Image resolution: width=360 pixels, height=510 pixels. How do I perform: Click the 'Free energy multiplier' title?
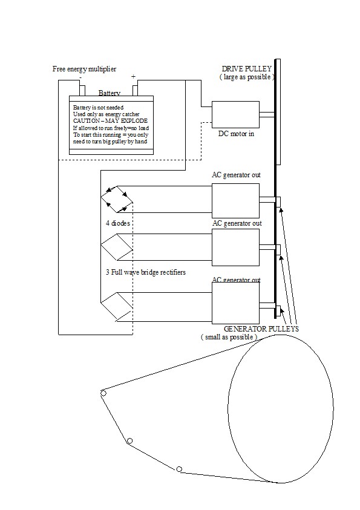(x=84, y=69)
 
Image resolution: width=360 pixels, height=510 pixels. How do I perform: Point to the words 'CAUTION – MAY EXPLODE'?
(x=110, y=120)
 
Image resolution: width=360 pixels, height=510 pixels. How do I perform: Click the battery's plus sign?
(x=133, y=77)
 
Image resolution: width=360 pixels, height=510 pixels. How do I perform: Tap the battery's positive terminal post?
(x=135, y=91)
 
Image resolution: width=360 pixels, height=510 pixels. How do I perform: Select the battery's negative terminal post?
(x=82, y=91)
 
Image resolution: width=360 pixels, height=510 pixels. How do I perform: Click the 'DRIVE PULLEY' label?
(x=246, y=69)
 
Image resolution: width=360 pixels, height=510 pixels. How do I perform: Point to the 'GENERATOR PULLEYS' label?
(x=261, y=329)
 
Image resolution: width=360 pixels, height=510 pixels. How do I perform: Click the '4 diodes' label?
(x=118, y=223)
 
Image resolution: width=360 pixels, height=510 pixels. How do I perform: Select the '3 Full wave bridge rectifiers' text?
(x=146, y=272)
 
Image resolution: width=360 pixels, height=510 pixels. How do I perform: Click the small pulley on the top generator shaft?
(x=278, y=201)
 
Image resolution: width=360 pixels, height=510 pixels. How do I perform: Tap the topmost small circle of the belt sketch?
(x=103, y=393)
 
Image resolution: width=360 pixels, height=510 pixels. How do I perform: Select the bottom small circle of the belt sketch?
(x=179, y=469)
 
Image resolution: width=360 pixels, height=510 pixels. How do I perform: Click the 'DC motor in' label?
(x=236, y=134)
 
